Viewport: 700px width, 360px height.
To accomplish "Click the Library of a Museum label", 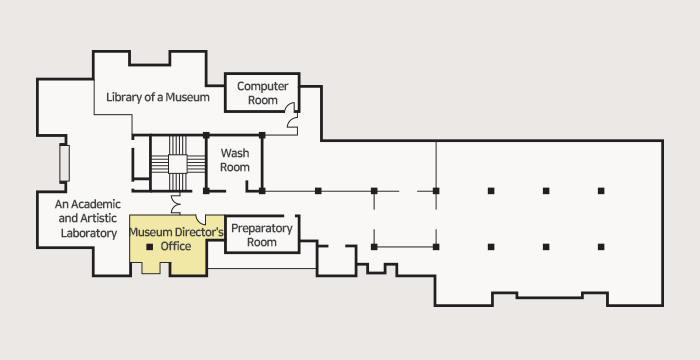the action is tap(158, 97).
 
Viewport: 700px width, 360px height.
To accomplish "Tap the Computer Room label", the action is tap(262, 93).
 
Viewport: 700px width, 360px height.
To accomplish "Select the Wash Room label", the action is tap(235, 160).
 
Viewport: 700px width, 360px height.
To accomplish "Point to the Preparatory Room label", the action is tap(262, 235).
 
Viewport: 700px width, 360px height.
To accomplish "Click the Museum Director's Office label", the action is tap(176, 239).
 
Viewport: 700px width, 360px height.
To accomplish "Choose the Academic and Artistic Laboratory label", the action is tap(88, 218).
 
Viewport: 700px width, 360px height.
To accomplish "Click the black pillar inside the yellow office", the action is tap(150, 247).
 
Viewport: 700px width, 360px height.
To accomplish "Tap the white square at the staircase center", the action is tap(177, 164).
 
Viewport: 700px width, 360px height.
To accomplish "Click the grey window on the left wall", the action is tap(64, 163).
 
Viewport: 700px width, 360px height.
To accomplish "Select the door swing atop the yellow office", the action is tap(200, 219).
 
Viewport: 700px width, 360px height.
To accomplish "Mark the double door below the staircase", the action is tap(175, 203).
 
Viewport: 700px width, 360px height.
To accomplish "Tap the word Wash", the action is tap(235, 153).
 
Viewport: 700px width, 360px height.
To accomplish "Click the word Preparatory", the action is tap(262, 229).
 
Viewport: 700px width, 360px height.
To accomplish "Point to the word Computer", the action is tap(262, 86).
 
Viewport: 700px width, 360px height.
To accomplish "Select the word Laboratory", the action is tap(89, 233).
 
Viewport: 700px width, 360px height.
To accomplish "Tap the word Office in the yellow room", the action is tap(176, 246).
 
